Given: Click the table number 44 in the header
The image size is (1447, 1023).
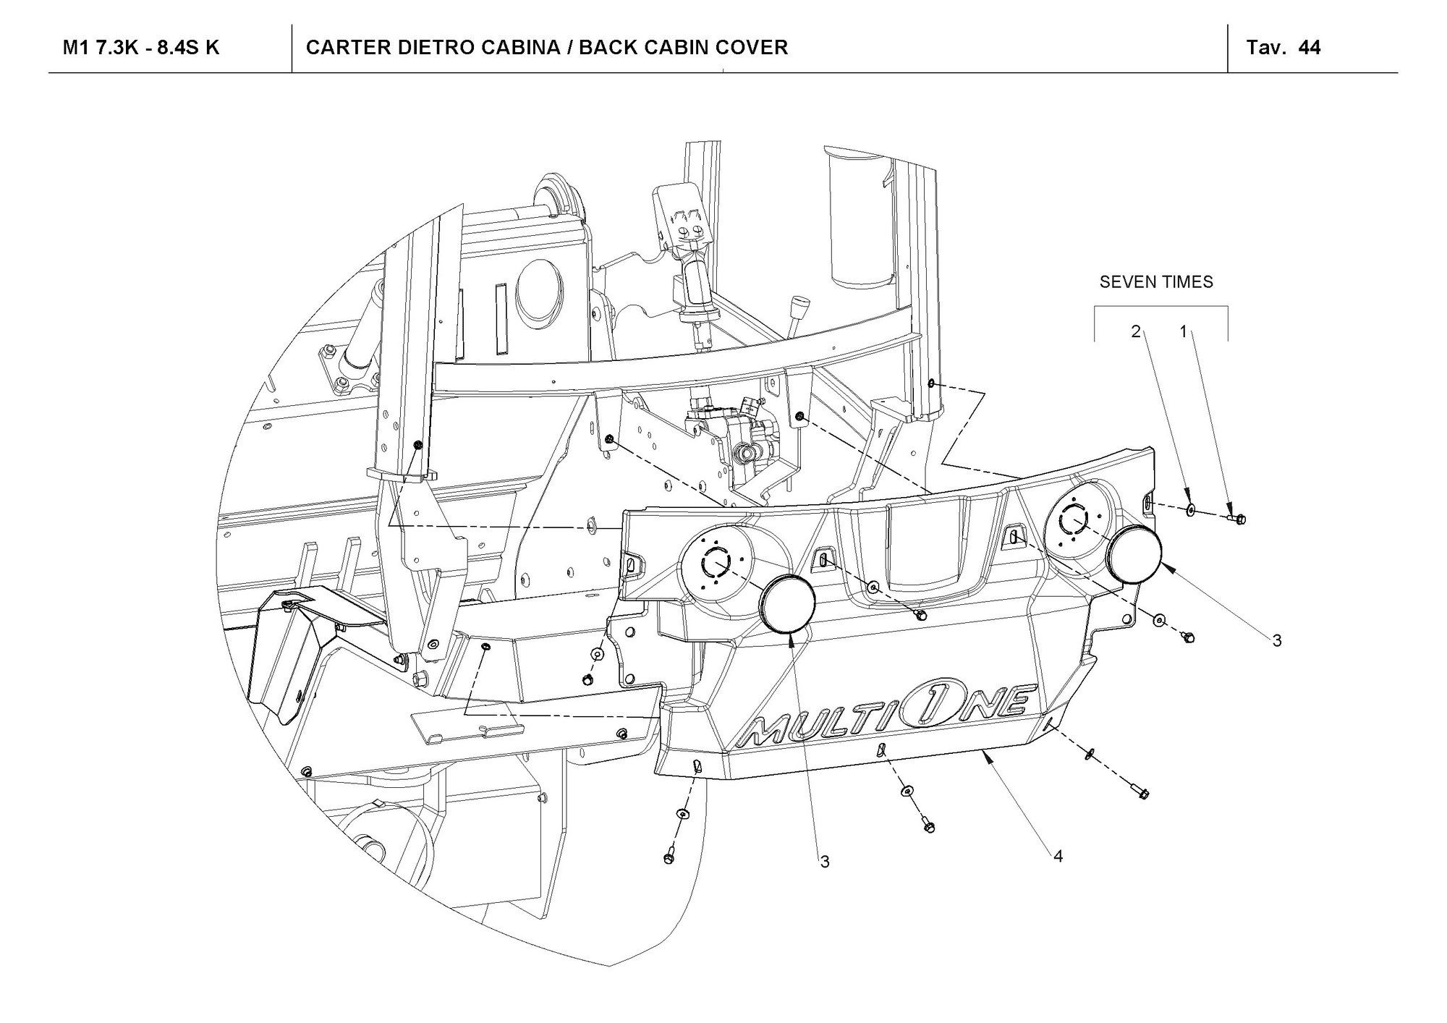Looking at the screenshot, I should [1310, 48].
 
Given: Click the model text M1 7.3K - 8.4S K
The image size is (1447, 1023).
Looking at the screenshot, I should [141, 48].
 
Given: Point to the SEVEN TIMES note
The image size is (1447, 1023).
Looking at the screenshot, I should [1156, 282].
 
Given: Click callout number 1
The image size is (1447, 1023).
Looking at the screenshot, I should [1184, 331].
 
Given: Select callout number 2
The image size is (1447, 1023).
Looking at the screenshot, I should [1136, 331].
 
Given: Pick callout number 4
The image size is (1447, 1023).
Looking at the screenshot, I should [1058, 857].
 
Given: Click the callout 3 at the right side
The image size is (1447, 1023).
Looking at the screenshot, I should [1277, 640].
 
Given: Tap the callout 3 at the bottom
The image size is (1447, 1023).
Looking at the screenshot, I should [825, 862].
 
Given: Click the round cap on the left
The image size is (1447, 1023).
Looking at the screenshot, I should [787, 604].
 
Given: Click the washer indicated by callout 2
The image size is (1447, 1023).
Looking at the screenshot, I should [1191, 511].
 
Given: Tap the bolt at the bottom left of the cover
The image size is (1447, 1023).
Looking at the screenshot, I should [669, 856].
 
